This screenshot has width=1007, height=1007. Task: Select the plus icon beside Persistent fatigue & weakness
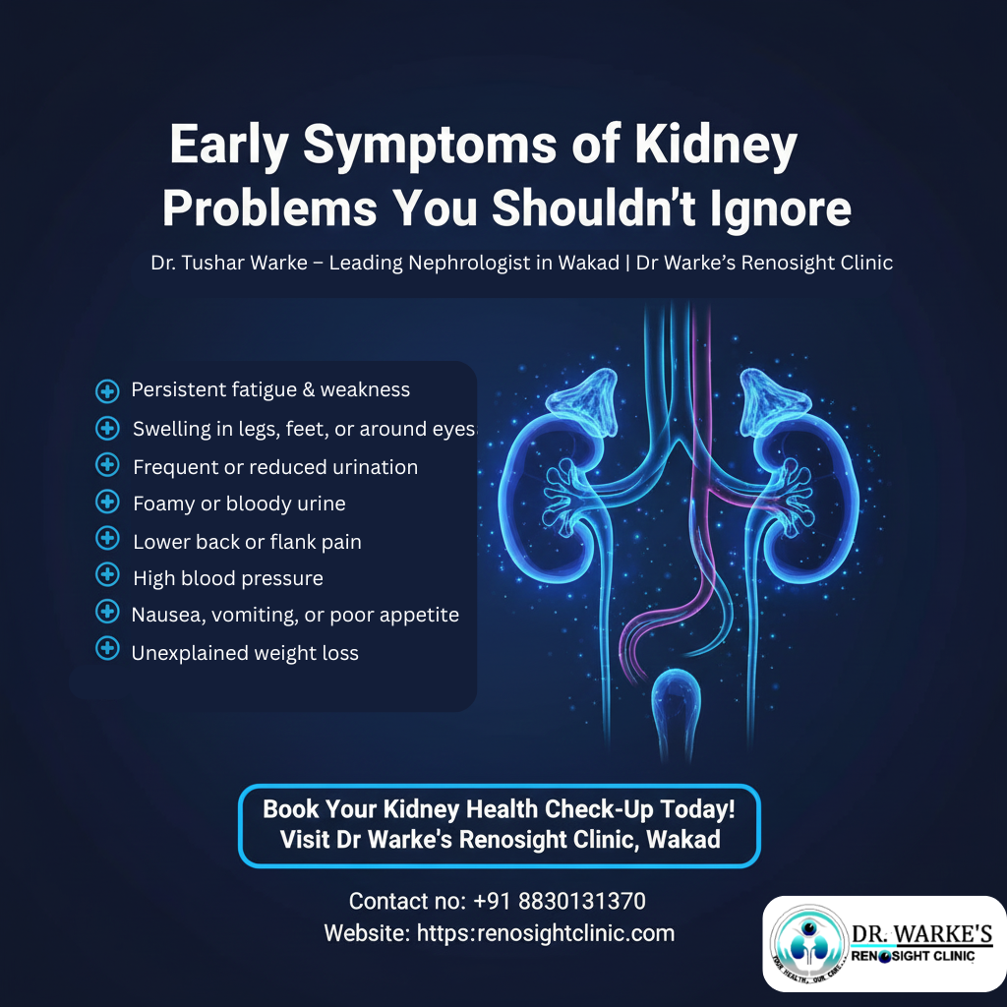tap(107, 390)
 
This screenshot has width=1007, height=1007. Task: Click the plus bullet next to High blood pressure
tap(107, 575)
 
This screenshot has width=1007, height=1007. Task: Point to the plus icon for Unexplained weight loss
tap(107, 649)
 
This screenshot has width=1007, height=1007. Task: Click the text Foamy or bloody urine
tap(239, 503)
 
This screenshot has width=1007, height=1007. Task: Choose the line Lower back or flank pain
tap(247, 541)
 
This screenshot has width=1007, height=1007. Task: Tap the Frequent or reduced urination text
tap(275, 467)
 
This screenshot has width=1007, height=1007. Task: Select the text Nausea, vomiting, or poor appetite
tap(295, 615)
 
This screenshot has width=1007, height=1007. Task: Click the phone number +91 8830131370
tap(559, 901)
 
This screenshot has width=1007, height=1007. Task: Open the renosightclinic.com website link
tap(546, 932)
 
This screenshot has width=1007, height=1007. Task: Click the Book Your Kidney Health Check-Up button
tap(500, 825)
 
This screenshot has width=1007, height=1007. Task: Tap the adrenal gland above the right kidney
tap(776, 398)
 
